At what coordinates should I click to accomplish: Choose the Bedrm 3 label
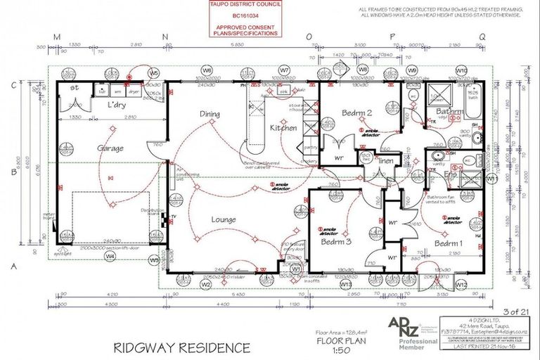(336, 241)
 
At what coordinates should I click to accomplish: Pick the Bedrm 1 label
(448, 243)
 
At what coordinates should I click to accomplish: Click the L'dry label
(117, 105)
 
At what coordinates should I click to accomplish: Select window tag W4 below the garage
(110, 257)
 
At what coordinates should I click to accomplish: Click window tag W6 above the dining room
(207, 71)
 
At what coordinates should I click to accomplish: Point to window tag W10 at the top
(461, 71)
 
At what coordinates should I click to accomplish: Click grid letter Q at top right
(482, 36)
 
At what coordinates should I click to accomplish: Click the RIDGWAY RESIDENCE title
(181, 347)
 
